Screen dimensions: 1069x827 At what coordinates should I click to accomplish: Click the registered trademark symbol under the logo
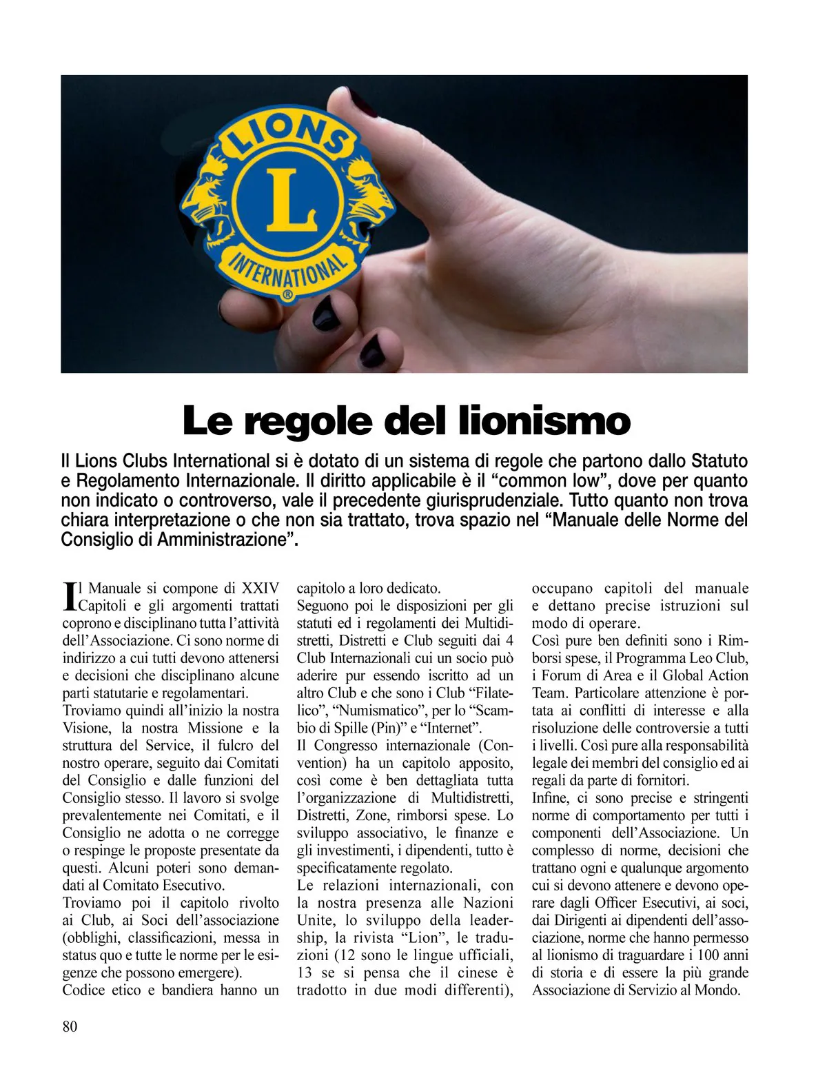288,294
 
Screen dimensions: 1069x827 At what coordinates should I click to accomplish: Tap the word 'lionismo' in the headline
544,420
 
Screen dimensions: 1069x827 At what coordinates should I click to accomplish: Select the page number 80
70,1026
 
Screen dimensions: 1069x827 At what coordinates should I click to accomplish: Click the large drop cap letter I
68,595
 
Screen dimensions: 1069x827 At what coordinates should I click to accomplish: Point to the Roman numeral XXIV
260,588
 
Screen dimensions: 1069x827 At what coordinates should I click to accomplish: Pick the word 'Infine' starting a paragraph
549,798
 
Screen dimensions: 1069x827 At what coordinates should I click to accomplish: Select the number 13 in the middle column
304,973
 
